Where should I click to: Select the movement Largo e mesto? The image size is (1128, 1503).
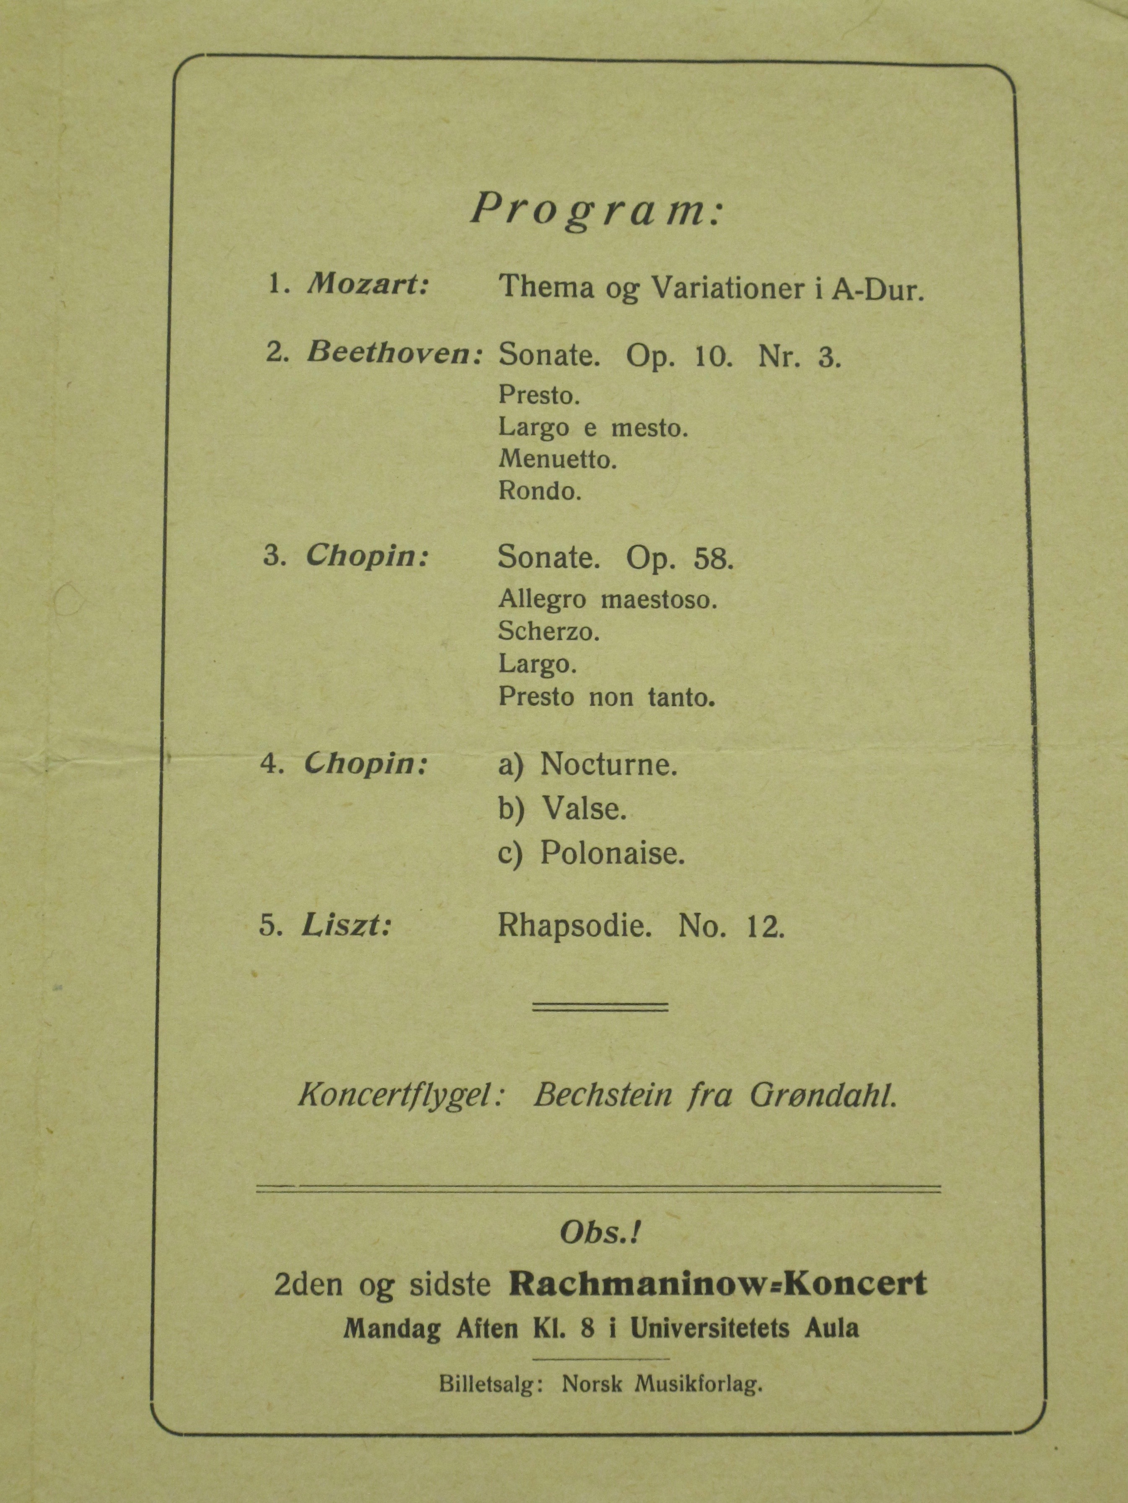593,428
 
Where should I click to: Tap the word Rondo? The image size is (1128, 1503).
540,491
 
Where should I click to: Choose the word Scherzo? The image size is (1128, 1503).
548,632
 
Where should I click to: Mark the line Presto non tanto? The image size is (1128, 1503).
606,697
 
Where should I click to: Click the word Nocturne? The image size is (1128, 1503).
608,766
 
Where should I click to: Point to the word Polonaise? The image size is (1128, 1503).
612,853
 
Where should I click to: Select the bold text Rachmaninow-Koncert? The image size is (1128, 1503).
718,1284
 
